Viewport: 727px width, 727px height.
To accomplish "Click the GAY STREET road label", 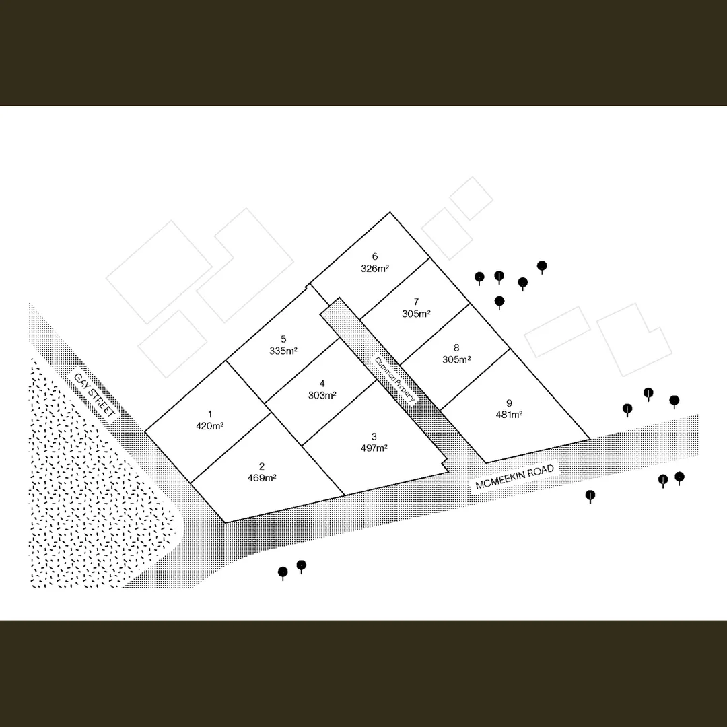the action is [x=95, y=395].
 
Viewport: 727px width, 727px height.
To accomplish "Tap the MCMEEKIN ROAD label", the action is [x=515, y=477].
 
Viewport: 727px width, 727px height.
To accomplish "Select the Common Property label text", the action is [x=394, y=379].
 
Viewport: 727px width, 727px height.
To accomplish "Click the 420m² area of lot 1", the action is [x=209, y=426].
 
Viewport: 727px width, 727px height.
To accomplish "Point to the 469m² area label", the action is [x=262, y=478].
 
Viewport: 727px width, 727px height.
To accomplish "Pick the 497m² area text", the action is [x=374, y=448].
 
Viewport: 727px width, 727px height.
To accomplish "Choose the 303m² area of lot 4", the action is [x=322, y=396].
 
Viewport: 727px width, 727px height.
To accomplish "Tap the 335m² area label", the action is [x=283, y=351].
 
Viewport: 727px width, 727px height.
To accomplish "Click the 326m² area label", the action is [x=375, y=269].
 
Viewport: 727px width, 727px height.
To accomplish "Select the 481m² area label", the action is [x=509, y=415].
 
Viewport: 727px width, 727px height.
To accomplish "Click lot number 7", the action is [x=417, y=302].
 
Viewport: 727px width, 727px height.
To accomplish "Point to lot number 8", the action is [x=456, y=347].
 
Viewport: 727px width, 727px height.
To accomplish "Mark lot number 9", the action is [x=509, y=403].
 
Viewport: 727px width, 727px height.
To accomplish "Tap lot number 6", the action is [x=375, y=256].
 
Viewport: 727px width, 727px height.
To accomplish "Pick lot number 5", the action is [x=283, y=339].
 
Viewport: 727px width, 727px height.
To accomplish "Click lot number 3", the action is [x=374, y=436].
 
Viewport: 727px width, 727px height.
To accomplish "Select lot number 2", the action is [x=262, y=466].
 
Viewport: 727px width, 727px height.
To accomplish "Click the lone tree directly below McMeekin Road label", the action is [x=590, y=497].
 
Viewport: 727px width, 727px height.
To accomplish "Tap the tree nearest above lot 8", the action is [x=499, y=302].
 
